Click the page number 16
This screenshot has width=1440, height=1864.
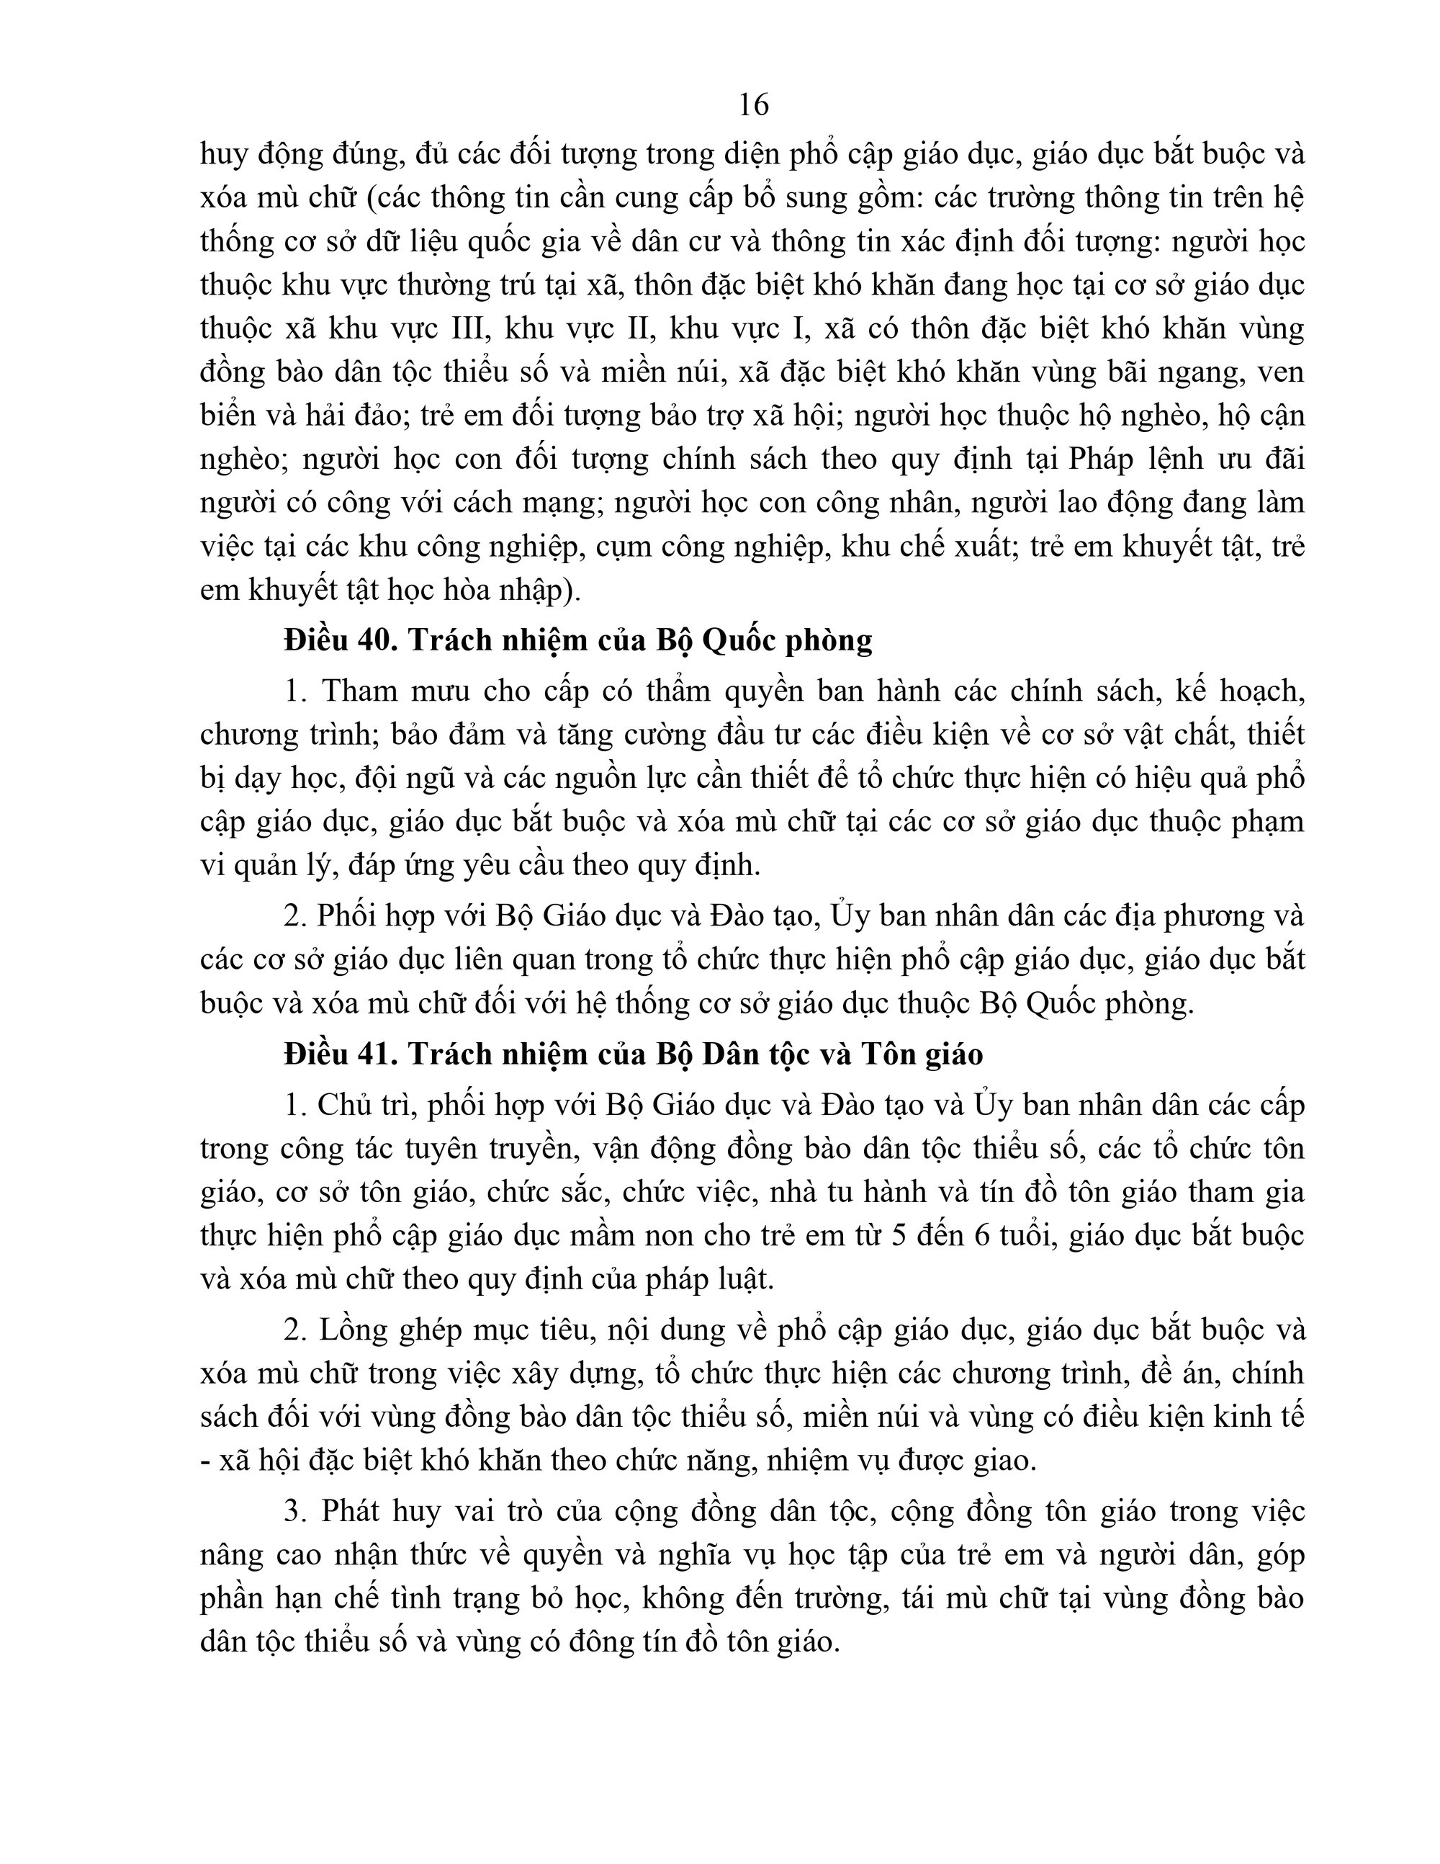point(753,105)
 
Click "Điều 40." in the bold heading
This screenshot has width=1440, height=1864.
point(342,640)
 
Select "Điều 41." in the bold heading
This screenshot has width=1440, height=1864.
point(342,1055)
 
